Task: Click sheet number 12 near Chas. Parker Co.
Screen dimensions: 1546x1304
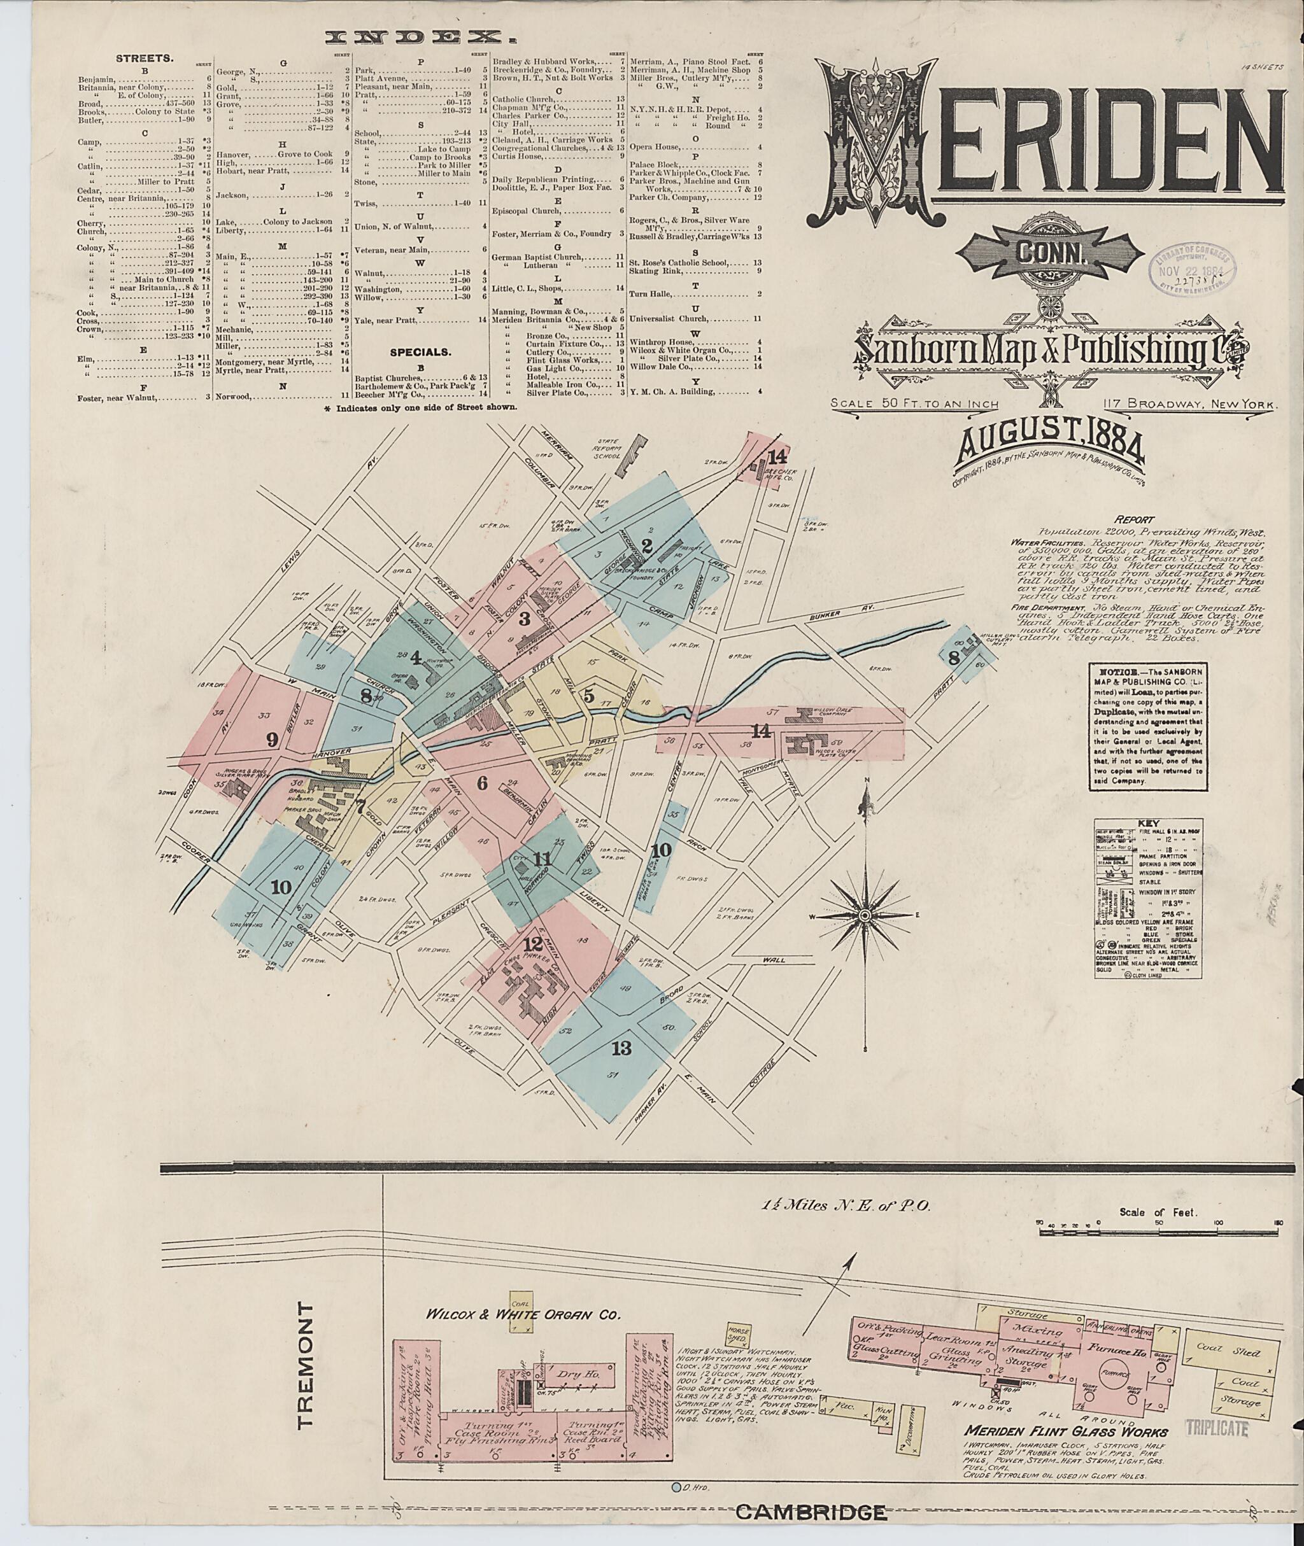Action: point(532,944)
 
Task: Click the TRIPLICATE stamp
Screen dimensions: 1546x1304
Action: point(1217,1428)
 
